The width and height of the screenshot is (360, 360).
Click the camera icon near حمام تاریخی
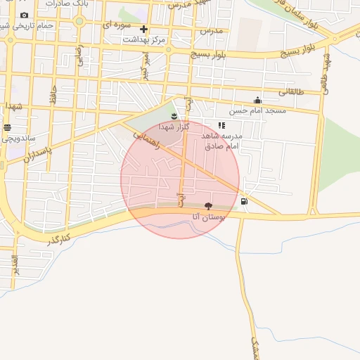(25, 15)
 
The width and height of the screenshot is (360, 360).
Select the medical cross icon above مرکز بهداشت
(144, 30)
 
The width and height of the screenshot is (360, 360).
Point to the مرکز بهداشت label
(143, 40)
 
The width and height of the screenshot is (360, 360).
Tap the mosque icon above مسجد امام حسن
(258, 100)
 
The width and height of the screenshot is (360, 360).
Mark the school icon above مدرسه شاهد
(221, 125)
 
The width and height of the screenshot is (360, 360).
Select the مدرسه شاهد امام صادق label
(222, 141)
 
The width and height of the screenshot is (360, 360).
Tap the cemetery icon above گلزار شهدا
(174, 115)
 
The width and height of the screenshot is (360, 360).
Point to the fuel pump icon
(244, 202)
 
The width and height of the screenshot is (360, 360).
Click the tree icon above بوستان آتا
(208, 206)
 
